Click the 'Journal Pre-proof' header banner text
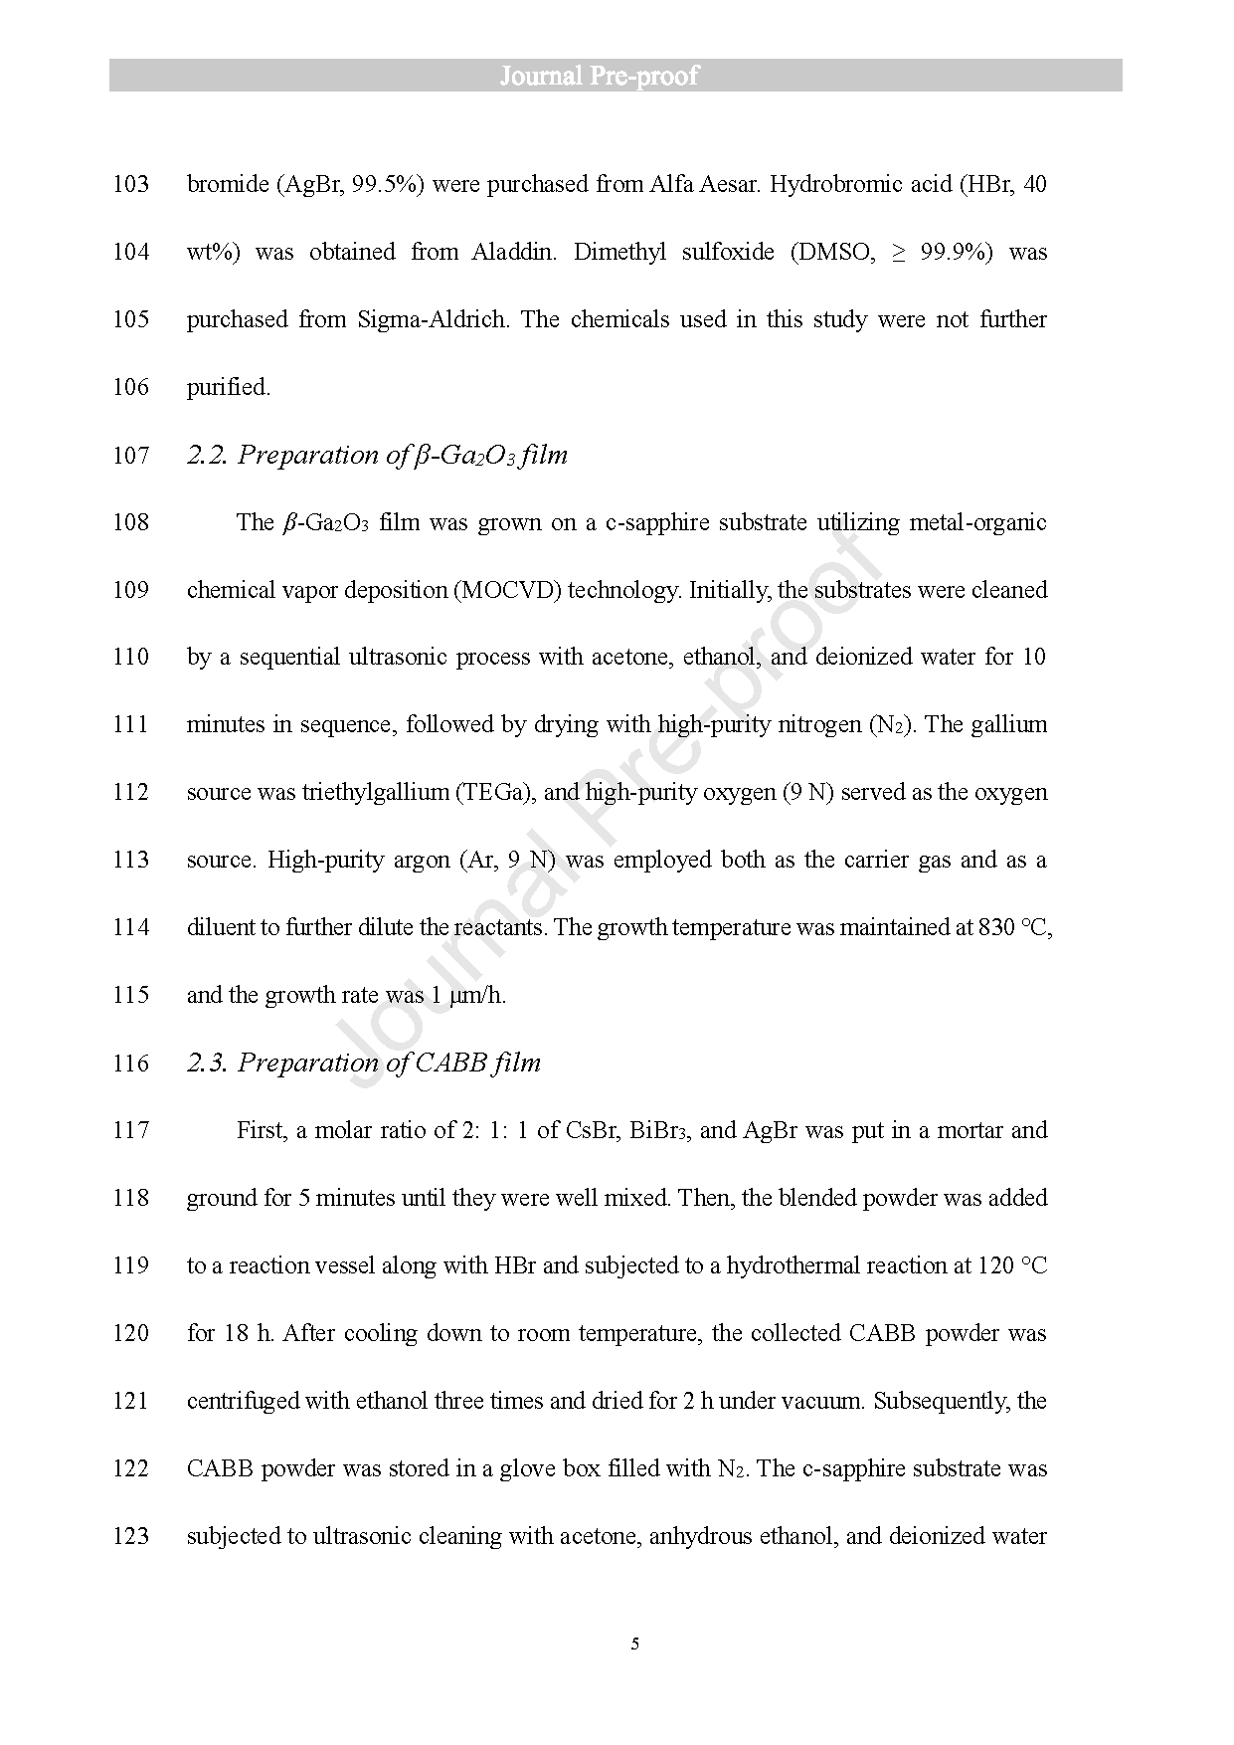[599, 76]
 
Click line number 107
[130, 456]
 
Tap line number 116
[130, 1064]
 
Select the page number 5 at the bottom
[634, 1643]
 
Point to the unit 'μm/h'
[477, 996]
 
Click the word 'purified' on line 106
[228, 387]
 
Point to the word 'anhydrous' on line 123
[700, 1536]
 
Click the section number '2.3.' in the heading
[208, 1064]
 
